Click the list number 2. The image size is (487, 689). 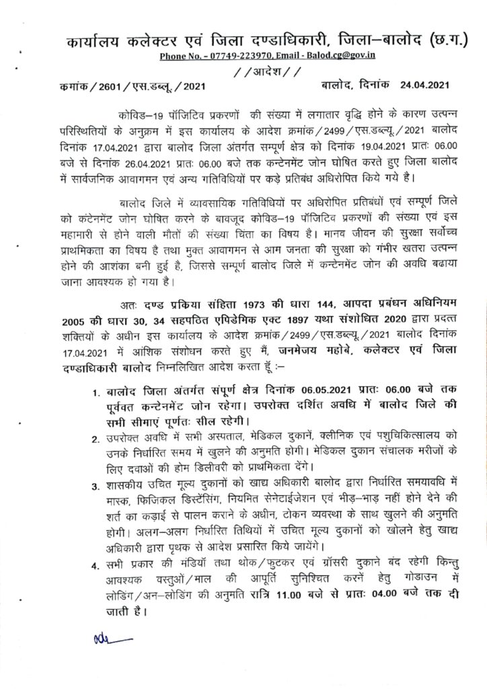pyautogui.click(x=96, y=439)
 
